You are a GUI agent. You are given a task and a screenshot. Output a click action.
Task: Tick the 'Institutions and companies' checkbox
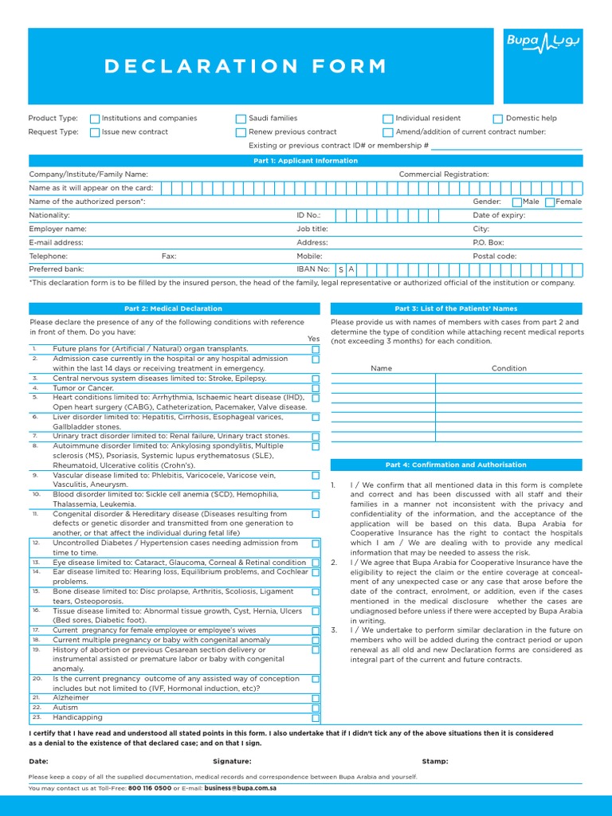95,119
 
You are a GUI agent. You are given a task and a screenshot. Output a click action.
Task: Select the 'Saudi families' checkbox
241,119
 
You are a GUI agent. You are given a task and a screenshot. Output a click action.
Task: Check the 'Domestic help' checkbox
498,119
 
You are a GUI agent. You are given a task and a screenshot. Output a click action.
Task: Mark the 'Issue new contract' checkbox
95,132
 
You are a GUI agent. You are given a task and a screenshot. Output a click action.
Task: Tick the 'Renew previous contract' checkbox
241,132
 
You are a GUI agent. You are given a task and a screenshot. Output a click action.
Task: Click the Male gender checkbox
516,202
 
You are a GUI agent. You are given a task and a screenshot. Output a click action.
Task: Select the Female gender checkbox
550,202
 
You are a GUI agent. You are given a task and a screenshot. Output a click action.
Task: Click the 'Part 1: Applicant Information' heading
306,161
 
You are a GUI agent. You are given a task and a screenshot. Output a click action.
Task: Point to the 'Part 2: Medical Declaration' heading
174,308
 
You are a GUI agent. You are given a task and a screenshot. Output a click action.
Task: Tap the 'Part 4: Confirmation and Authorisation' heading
456,465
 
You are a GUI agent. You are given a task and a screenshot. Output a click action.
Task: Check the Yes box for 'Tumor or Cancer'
316,388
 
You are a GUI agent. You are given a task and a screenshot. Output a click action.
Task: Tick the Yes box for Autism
316,708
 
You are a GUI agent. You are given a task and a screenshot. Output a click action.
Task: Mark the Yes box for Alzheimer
316,698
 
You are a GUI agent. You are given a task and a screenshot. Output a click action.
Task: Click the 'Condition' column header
508,368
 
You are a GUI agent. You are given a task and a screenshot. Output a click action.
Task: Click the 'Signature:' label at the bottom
232,761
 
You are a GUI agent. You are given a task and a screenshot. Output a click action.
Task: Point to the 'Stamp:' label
435,761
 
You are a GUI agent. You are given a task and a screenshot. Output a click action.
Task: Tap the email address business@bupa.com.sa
240,787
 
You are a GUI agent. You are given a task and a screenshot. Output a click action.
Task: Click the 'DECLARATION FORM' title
245,67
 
